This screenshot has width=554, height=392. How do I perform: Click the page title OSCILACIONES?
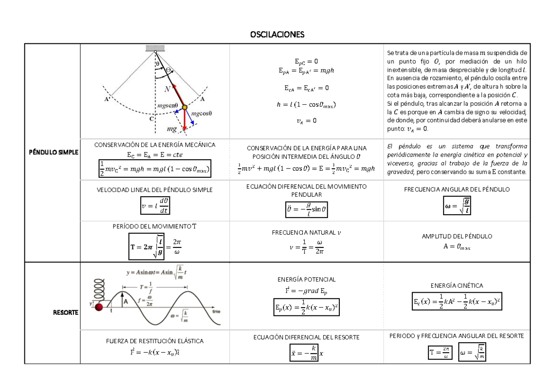coord(277,35)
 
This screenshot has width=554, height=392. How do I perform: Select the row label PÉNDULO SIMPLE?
coord(52,152)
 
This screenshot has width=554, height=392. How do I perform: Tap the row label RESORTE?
coord(66,313)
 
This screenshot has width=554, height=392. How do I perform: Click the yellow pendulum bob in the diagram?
coord(184,107)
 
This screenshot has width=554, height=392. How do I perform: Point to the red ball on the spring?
coord(99,307)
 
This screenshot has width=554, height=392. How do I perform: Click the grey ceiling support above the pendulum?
coord(155,48)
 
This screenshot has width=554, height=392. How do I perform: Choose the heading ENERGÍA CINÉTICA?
coord(457,286)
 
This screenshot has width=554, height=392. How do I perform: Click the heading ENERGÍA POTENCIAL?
coord(307,279)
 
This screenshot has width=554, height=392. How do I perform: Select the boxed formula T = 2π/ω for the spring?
coord(440,354)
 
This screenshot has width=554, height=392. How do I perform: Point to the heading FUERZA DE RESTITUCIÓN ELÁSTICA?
coord(155,341)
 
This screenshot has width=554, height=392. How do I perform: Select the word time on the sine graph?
coord(216,312)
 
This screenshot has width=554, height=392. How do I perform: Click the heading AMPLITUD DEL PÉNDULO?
coord(457,236)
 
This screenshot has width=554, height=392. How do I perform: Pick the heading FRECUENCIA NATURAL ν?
coord(307,232)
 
